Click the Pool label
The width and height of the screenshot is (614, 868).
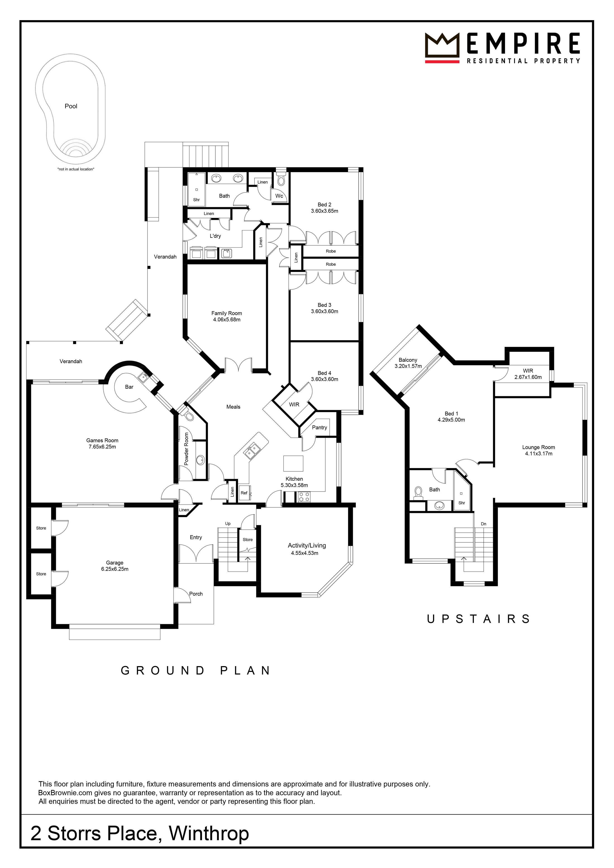point(71,106)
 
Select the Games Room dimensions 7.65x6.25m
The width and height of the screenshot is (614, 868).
point(102,447)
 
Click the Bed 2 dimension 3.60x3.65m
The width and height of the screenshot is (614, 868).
point(325,211)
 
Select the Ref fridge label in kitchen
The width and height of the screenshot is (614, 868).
point(244,493)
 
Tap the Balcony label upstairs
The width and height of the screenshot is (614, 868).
point(408,360)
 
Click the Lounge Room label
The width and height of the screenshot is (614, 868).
point(539,447)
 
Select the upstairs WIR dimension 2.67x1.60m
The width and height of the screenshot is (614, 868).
point(528,377)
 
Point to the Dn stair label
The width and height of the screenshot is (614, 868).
point(483,524)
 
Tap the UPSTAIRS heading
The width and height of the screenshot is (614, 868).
point(478,619)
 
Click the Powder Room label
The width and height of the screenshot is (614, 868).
point(186,449)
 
